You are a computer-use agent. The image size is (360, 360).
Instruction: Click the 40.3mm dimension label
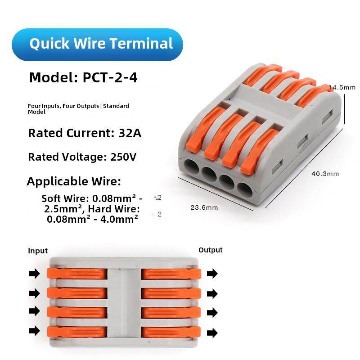[325, 174]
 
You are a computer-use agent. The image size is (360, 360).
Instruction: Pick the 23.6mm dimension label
[204, 207]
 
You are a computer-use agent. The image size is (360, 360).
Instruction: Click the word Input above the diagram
[38, 251]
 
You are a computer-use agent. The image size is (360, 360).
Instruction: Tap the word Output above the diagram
[210, 250]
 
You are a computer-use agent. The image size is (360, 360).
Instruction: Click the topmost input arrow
[34, 273]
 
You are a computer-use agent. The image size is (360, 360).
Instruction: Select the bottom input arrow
[34, 331]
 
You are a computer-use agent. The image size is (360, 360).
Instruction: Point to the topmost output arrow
[212, 273]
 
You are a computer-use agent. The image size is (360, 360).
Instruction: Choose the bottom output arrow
[212, 333]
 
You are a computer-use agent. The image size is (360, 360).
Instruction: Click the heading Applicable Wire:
[74, 182]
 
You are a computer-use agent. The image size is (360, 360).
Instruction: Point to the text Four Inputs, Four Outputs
[63, 106]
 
